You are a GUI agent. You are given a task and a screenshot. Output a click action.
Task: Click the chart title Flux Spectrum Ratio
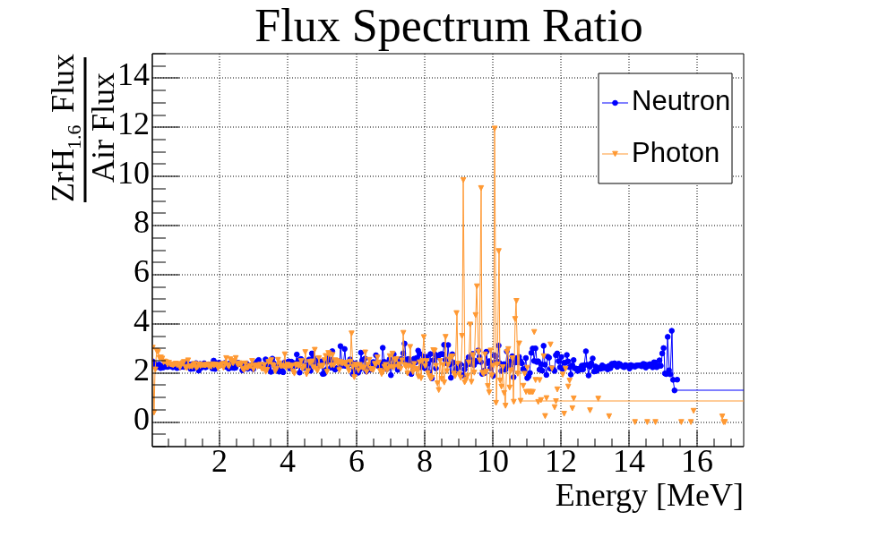click(448, 27)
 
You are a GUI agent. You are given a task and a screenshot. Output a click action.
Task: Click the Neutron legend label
click(681, 101)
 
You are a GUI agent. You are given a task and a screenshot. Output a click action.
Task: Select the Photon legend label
click(676, 153)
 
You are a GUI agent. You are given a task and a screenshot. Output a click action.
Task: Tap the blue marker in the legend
click(616, 102)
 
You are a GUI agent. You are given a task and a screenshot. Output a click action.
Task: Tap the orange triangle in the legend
click(616, 154)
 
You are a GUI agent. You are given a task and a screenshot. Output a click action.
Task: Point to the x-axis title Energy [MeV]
click(649, 495)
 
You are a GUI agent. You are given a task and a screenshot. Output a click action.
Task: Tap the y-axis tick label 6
click(141, 274)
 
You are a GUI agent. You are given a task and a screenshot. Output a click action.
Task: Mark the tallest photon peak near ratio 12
click(494, 127)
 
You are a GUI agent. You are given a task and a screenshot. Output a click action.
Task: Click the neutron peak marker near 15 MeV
click(671, 331)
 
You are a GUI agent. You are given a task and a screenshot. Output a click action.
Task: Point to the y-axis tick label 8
click(141, 225)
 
